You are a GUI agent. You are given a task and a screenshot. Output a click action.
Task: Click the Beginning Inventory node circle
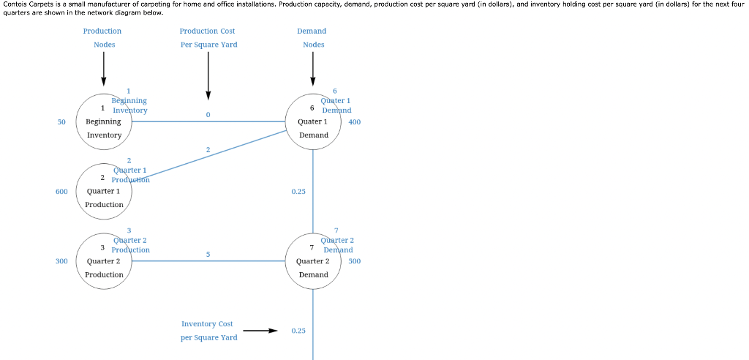(104, 122)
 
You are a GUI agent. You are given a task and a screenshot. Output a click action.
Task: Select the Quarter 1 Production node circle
(104, 192)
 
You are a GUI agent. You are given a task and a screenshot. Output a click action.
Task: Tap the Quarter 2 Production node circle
(104, 261)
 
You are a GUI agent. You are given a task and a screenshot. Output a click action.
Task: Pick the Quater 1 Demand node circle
(313, 122)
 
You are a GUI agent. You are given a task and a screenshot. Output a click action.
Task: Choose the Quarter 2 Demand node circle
(313, 261)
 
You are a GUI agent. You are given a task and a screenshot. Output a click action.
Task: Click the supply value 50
(62, 121)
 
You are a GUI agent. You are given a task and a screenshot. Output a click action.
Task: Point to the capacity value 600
(61, 191)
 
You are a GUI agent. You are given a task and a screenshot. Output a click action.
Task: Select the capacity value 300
(61, 260)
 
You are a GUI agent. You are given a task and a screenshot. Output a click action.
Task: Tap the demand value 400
(355, 121)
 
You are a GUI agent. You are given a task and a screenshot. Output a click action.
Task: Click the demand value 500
(355, 260)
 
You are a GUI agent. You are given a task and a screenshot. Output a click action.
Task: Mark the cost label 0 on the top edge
(208, 115)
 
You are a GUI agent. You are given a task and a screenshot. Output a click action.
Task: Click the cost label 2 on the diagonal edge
(208, 149)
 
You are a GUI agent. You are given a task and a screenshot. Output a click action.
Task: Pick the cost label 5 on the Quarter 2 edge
(208, 254)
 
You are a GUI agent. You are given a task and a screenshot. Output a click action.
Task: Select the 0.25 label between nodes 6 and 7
(298, 191)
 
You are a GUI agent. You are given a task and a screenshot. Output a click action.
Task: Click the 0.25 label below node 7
(298, 331)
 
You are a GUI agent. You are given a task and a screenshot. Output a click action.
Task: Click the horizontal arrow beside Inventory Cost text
(260, 331)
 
